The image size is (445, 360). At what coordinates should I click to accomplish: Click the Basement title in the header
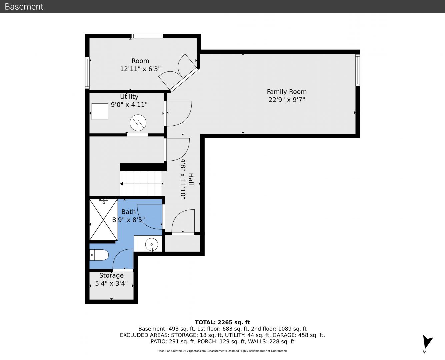coord(24,7)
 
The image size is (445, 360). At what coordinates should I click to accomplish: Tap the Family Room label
coord(287,92)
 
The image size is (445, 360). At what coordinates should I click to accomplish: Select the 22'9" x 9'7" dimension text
coord(287,100)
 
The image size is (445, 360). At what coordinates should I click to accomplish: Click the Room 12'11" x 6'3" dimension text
coord(140,69)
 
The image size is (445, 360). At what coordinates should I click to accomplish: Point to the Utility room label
coord(129,97)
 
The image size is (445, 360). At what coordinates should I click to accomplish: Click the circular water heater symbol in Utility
coord(138,123)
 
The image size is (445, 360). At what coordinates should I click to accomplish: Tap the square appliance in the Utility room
coord(100,112)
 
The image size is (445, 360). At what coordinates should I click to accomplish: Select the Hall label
coord(191,179)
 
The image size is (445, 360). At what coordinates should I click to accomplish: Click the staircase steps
coord(141,184)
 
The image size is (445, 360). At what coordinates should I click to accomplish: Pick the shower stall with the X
coord(103,220)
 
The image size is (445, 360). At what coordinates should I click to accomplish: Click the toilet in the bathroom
coord(99,255)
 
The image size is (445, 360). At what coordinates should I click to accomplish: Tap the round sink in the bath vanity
coord(151,244)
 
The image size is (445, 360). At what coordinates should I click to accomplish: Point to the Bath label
coord(128,212)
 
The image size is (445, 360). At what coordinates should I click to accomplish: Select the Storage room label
coord(111,275)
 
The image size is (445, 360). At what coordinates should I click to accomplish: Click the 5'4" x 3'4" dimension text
coord(111,284)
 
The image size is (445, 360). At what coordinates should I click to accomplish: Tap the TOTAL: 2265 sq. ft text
coord(222,322)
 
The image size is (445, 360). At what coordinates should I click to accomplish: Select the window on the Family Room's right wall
coord(358,70)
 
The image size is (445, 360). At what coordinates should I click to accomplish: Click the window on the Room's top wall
coord(147,36)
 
